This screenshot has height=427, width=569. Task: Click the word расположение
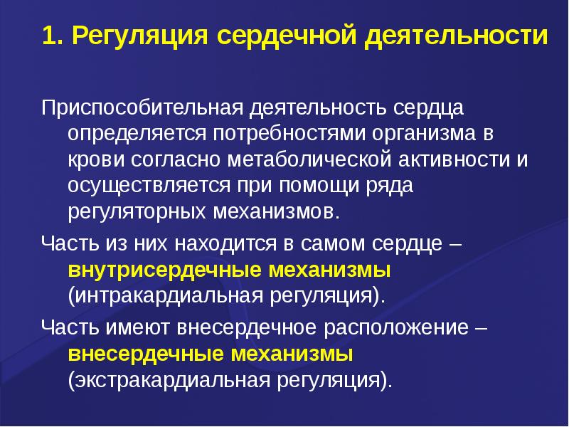pos(395,329)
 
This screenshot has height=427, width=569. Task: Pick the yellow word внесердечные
pos(147,354)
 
